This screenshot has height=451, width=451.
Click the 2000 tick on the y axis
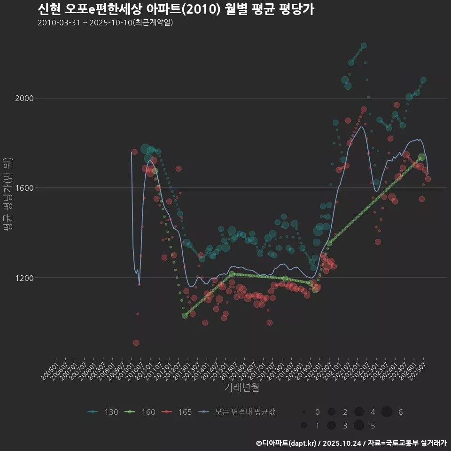click(22, 98)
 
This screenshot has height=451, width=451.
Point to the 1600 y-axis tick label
click(22, 188)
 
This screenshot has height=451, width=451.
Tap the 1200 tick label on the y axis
click(22, 278)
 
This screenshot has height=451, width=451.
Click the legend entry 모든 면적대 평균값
click(237, 412)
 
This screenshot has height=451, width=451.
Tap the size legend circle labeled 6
click(387, 412)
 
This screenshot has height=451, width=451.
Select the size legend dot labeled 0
click(304, 412)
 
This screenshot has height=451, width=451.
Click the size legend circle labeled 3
click(331, 425)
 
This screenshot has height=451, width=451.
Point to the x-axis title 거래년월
click(241, 387)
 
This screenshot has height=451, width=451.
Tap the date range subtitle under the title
click(105, 23)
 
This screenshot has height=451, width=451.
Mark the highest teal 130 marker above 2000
click(364, 46)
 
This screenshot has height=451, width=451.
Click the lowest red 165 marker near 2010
click(136, 342)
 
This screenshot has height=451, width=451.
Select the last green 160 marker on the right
click(422, 157)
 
